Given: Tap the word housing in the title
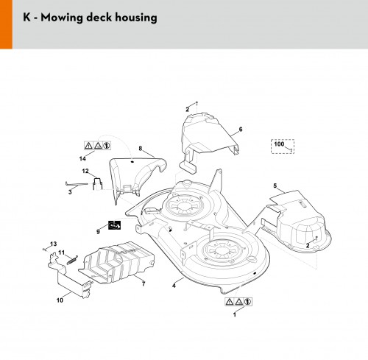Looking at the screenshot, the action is pyautogui.click(x=136, y=18).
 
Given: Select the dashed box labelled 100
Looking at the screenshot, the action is pyautogui.click(x=283, y=147).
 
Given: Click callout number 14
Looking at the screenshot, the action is pyautogui.click(x=82, y=158).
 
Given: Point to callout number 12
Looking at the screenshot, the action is pyautogui.click(x=85, y=171).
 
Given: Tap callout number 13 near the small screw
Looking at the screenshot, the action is pyautogui.click(x=53, y=244).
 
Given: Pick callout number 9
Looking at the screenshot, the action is pyautogui.click(x=98, y=232).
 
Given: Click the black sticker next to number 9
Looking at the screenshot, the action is pyautogui.click(x=115, y=225).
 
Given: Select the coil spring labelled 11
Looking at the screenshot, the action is pyautogui.click(x=72, y=260).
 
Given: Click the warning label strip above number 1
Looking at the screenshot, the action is pyautogui.click(x=238, y=302).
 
